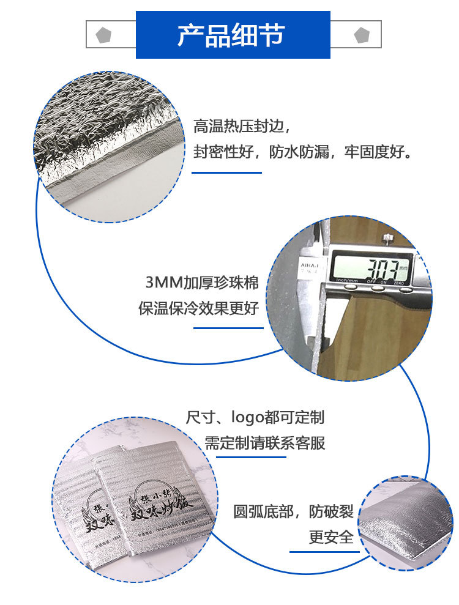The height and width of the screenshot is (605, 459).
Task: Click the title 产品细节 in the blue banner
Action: [x=231, y=35]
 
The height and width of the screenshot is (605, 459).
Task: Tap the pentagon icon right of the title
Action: [x=362, y=35]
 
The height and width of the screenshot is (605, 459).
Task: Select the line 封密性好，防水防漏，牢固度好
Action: [x=303, y=151]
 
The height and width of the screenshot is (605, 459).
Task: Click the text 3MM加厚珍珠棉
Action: [x=202, y=283]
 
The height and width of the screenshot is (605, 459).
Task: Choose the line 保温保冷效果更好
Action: [x=198, y=308]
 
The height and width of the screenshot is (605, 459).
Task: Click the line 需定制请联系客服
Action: [x=264, y=442]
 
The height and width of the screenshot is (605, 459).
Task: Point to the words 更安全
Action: [x=331, y=537]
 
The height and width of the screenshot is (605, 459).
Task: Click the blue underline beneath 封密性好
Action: [x=226, y=173]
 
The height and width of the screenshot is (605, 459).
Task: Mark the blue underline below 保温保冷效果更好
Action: [x=228, y=328]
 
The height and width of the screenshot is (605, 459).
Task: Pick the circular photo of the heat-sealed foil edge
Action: [x=108, y=147]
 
